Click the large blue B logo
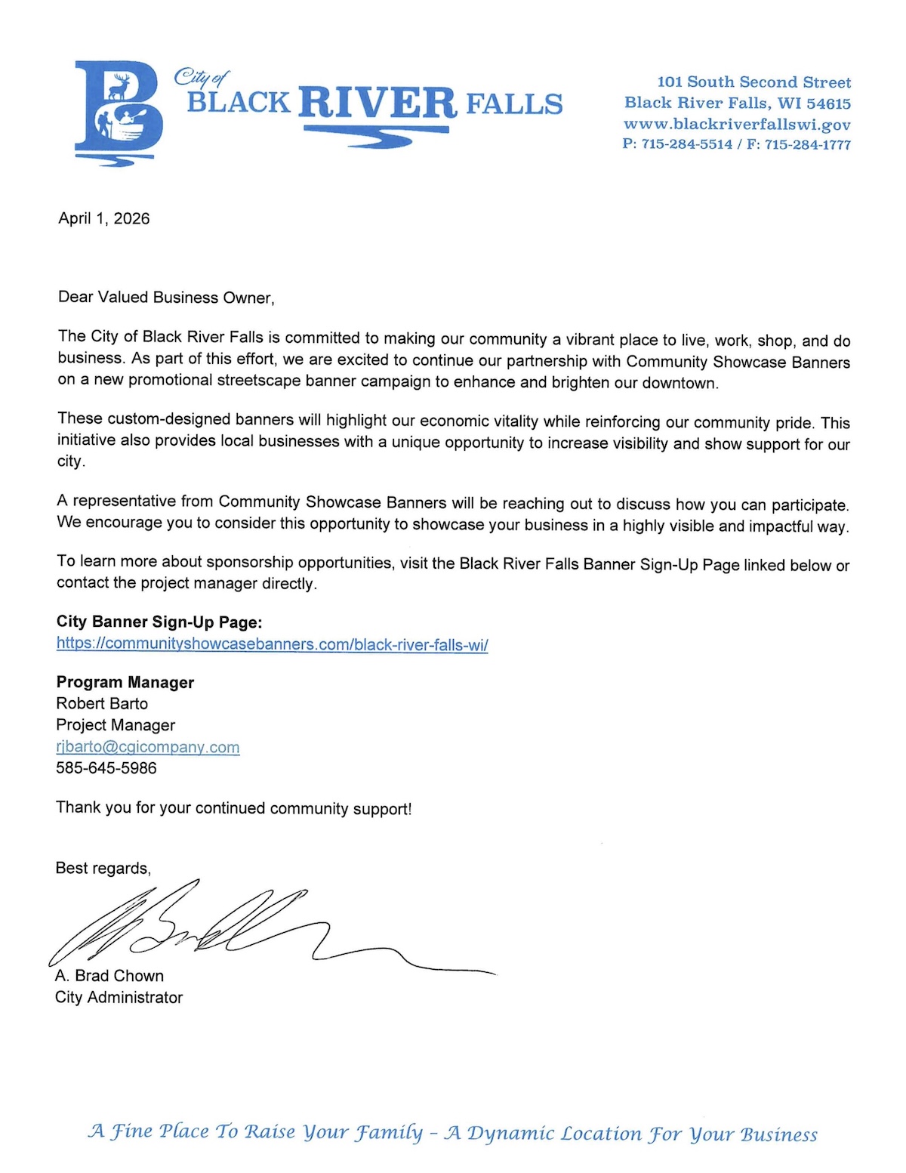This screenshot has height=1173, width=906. click(119, 110)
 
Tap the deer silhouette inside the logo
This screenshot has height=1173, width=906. click(119, 86)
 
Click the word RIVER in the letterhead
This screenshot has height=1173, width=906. click(377, 103)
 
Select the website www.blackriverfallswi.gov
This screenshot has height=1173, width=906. click(737, 124)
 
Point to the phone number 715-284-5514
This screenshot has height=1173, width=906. click(687, 144)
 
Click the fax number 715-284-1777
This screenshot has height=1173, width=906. click(808, 144)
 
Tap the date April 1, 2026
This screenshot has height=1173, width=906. click(104, 218)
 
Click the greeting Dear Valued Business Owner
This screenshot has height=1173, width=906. click(166, 297)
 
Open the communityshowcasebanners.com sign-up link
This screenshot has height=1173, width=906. click(272, 644)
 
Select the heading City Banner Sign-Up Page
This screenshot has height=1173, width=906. click(159, 622)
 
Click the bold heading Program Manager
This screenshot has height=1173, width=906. click(125, 682)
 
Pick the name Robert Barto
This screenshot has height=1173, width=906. click(102, 703)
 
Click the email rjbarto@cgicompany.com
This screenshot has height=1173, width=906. click(148, 747)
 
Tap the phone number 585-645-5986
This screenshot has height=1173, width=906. click(106, 768)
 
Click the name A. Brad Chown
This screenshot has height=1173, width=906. click(109, 976)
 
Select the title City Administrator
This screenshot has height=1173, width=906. click(119, 998)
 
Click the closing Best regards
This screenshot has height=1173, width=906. click(103, 868)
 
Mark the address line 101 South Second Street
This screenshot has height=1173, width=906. click(753, 82)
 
